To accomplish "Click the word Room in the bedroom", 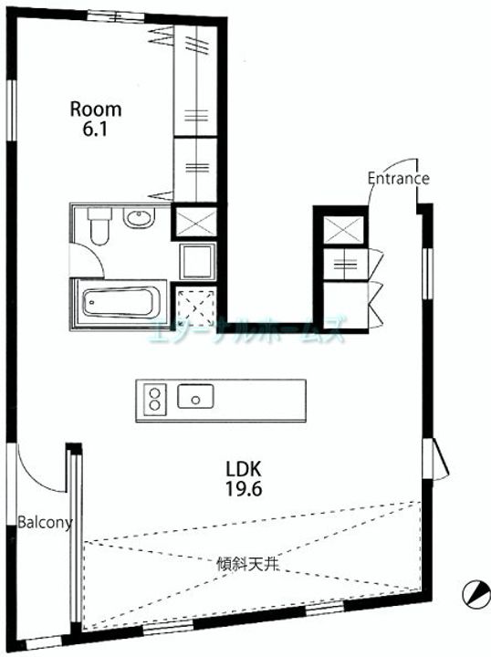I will (96, 109).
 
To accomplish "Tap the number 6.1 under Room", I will (96, 130).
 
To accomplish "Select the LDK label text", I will (244, 469).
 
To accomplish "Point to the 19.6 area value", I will (244, 489).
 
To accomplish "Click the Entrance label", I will (398, 179).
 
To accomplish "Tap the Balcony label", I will (45, 523).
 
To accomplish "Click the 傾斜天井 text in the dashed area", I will (248, 563).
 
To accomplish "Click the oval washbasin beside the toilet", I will (139, 219).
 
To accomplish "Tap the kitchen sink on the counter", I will (196, 397).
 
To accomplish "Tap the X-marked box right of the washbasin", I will (194, 223).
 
